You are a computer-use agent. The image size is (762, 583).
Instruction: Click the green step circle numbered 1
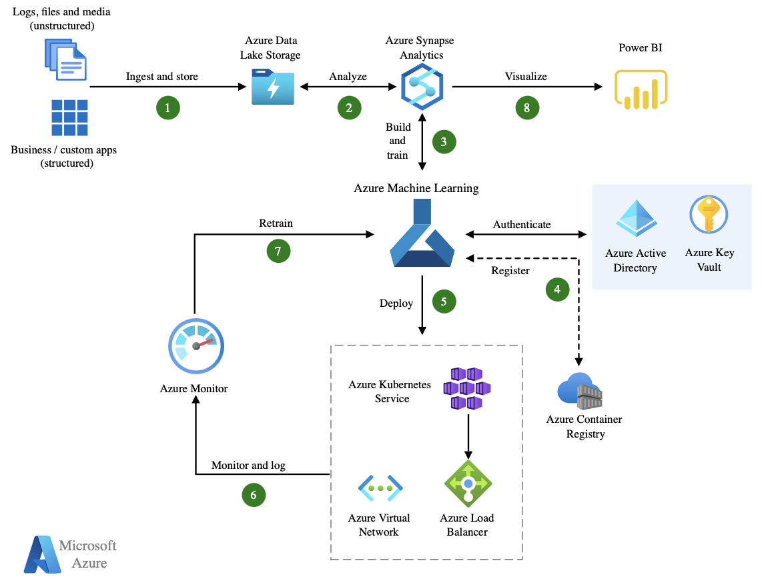point(168,107)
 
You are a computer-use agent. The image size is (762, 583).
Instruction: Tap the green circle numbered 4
point(557,289)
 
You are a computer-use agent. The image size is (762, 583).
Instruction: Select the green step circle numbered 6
point(254,495)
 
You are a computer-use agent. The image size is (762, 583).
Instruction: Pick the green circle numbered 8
point(527,107)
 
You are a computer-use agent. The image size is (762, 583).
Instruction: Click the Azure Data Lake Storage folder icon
point(273,87)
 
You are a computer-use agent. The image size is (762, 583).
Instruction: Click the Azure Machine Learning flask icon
point(422,233)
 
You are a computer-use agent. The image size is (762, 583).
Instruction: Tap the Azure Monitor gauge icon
point(195,346)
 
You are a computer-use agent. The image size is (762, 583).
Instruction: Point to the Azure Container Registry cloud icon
point(580,392)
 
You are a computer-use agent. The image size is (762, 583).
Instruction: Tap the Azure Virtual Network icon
point(380,488)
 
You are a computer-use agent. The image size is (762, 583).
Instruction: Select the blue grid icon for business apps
point(69,118)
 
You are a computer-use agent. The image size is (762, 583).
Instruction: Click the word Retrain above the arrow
point(276,223)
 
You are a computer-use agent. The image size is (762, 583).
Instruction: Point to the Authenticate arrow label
point(522,225)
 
